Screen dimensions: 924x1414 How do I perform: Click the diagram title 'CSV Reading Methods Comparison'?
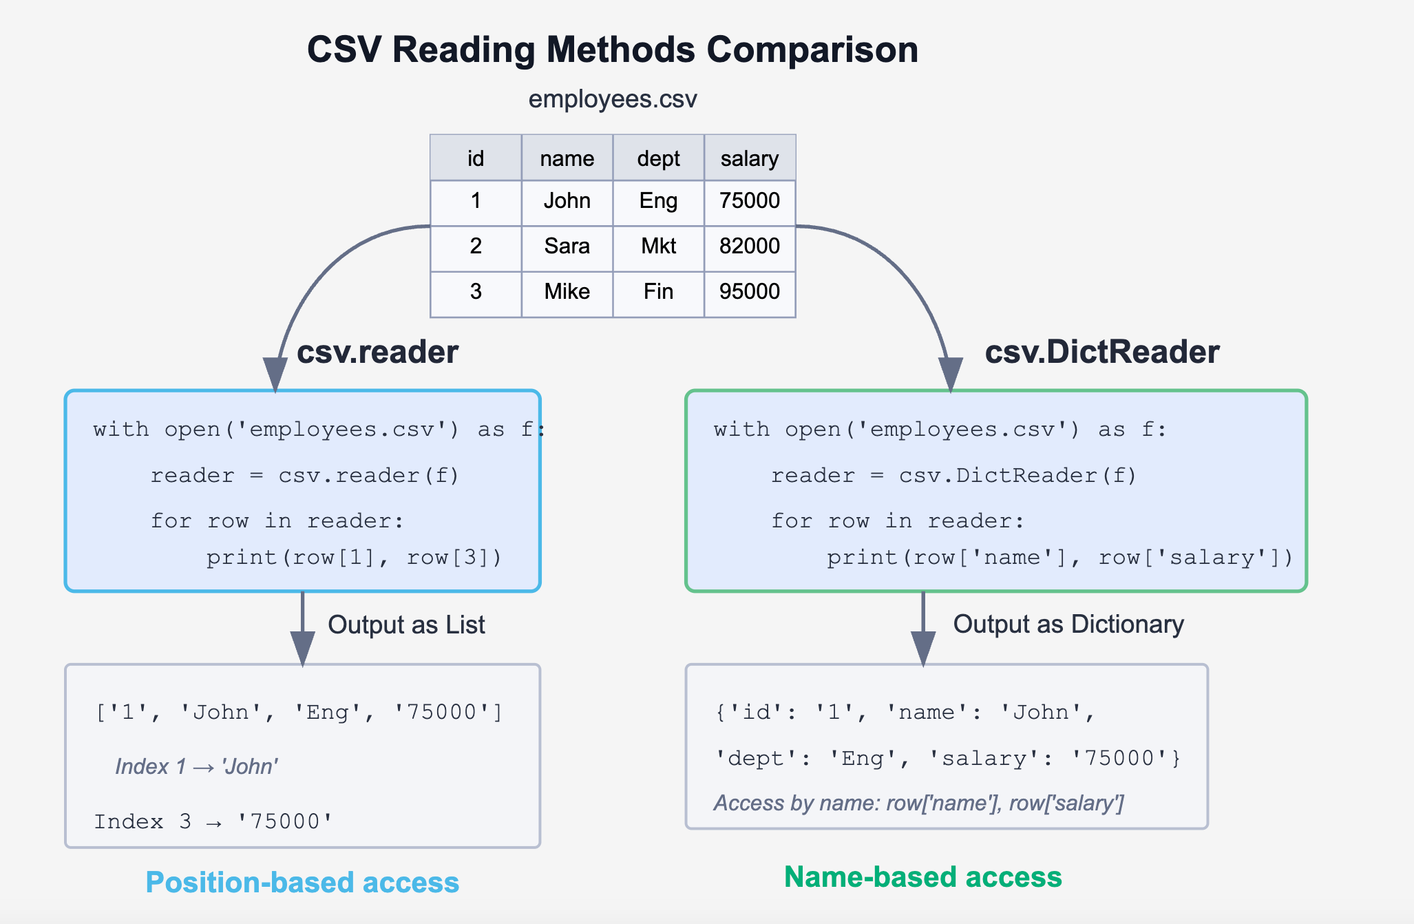(612, 50)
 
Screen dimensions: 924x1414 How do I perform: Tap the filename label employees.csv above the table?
(612, 99)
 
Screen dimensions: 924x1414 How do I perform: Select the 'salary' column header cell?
(749, 158)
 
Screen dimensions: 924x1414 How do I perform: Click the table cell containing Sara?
(567, 246)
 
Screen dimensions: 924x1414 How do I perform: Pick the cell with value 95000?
(749, 291)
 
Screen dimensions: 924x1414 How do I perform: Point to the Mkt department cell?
(658, 246)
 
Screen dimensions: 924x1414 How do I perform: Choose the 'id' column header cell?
(476, 158)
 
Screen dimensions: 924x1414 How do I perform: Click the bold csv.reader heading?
(377, 352)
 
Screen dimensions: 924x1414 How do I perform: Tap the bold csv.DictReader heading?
(1101, 352)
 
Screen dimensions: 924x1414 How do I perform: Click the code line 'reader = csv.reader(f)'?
(304, 475)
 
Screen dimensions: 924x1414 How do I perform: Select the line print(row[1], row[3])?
(354, 556)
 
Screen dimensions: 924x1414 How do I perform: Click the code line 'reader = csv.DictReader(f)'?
(953, 475)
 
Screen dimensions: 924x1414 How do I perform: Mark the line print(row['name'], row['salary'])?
(1059, 556)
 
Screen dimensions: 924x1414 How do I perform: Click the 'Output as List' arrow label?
(406, 624)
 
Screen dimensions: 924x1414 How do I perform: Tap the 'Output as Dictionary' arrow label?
(1068, 624)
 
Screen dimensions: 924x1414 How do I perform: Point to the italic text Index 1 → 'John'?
(196, 766)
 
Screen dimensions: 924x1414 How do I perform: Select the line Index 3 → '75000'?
(213, 821)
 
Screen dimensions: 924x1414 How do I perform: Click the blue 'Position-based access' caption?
(302, 883)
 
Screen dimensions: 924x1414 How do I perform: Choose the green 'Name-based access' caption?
(922, 877)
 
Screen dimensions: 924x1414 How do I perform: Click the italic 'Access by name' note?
(918, 803)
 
